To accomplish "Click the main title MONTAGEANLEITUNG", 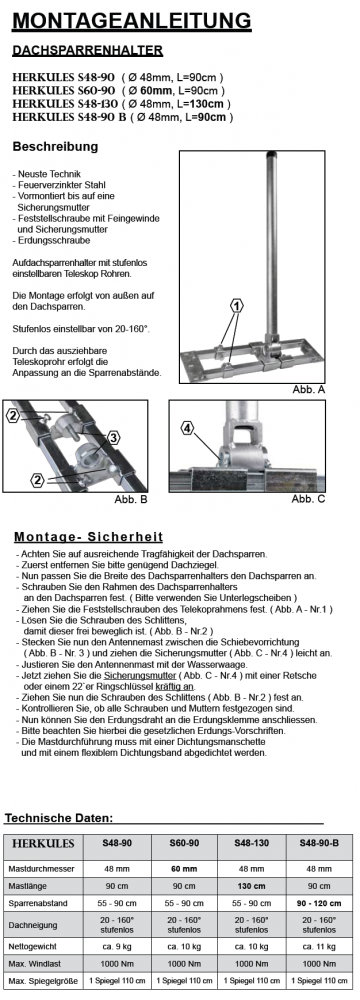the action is coord(131,20).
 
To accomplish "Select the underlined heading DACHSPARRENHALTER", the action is coord(87,50).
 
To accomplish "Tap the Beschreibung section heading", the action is coord(56,147).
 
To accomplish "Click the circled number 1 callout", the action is coord(237,306).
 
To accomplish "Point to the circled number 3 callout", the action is coord(113,438).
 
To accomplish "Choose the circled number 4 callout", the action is coord(187,429).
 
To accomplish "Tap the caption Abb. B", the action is coord(131,499).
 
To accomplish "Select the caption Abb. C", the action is coord(308,499).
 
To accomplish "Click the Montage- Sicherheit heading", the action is coord(88,537).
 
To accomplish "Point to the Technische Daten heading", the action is coord(59,818).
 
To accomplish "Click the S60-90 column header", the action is coord(184,842).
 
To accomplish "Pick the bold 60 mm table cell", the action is coord(184,869).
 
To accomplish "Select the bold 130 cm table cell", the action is coord(251,886).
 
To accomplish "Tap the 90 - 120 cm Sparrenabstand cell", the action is coord(319,903).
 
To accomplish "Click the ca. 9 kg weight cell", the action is coord(117,946).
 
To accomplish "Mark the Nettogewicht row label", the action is coord(32,946).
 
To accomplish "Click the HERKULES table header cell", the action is coord(43,843).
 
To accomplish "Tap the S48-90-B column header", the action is coord(319,842).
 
